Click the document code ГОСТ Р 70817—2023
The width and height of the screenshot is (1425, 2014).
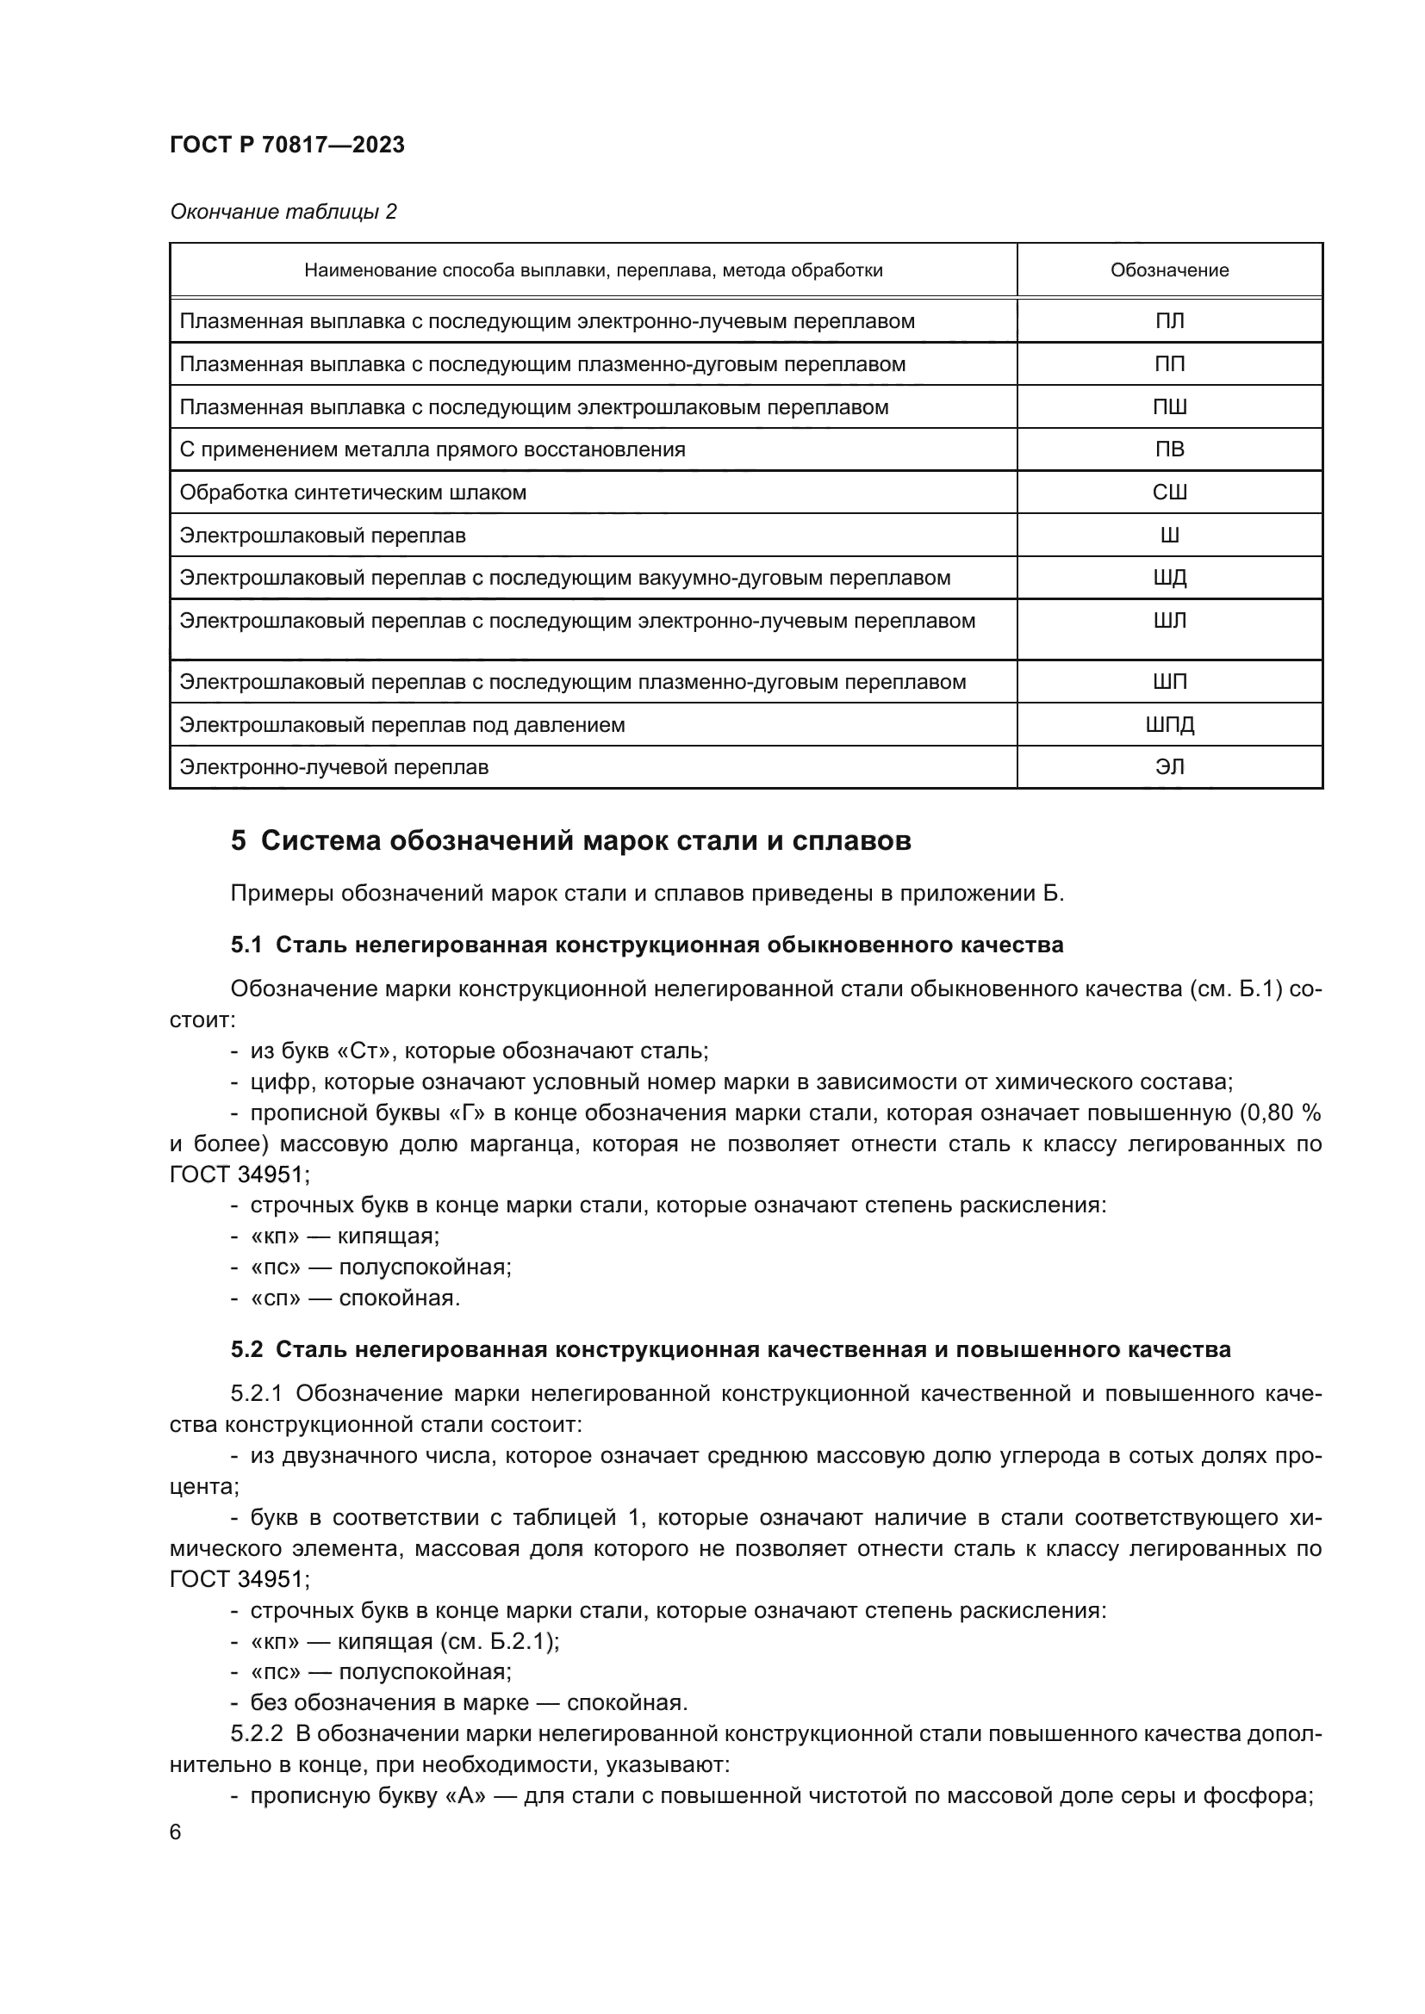tap(287, 145)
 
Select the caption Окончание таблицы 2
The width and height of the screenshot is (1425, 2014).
tap(283, 212)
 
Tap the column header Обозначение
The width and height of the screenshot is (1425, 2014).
tap(1169, 270)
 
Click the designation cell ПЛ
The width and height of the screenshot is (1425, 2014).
tap(1169, 321)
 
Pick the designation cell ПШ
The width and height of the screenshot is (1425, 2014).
tap(1169, 407)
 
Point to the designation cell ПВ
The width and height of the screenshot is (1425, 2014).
tap(1169, 449)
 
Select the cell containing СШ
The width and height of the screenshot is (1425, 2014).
tap(1169, 493)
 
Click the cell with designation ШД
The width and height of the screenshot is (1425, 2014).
tap(1169, 578)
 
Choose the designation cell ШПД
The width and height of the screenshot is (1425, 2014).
tap(1169, 724)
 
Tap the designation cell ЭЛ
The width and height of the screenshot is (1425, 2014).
tap(1169, 766)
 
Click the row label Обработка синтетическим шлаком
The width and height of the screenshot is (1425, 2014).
tap(352, 493)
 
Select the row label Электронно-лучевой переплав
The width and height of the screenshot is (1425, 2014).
tap(333, 766)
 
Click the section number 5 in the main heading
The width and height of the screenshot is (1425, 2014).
tap(238, 840)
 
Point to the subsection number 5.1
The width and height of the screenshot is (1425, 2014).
tap(246, 945)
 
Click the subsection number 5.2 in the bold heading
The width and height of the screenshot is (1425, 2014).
tap(246, 1349)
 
